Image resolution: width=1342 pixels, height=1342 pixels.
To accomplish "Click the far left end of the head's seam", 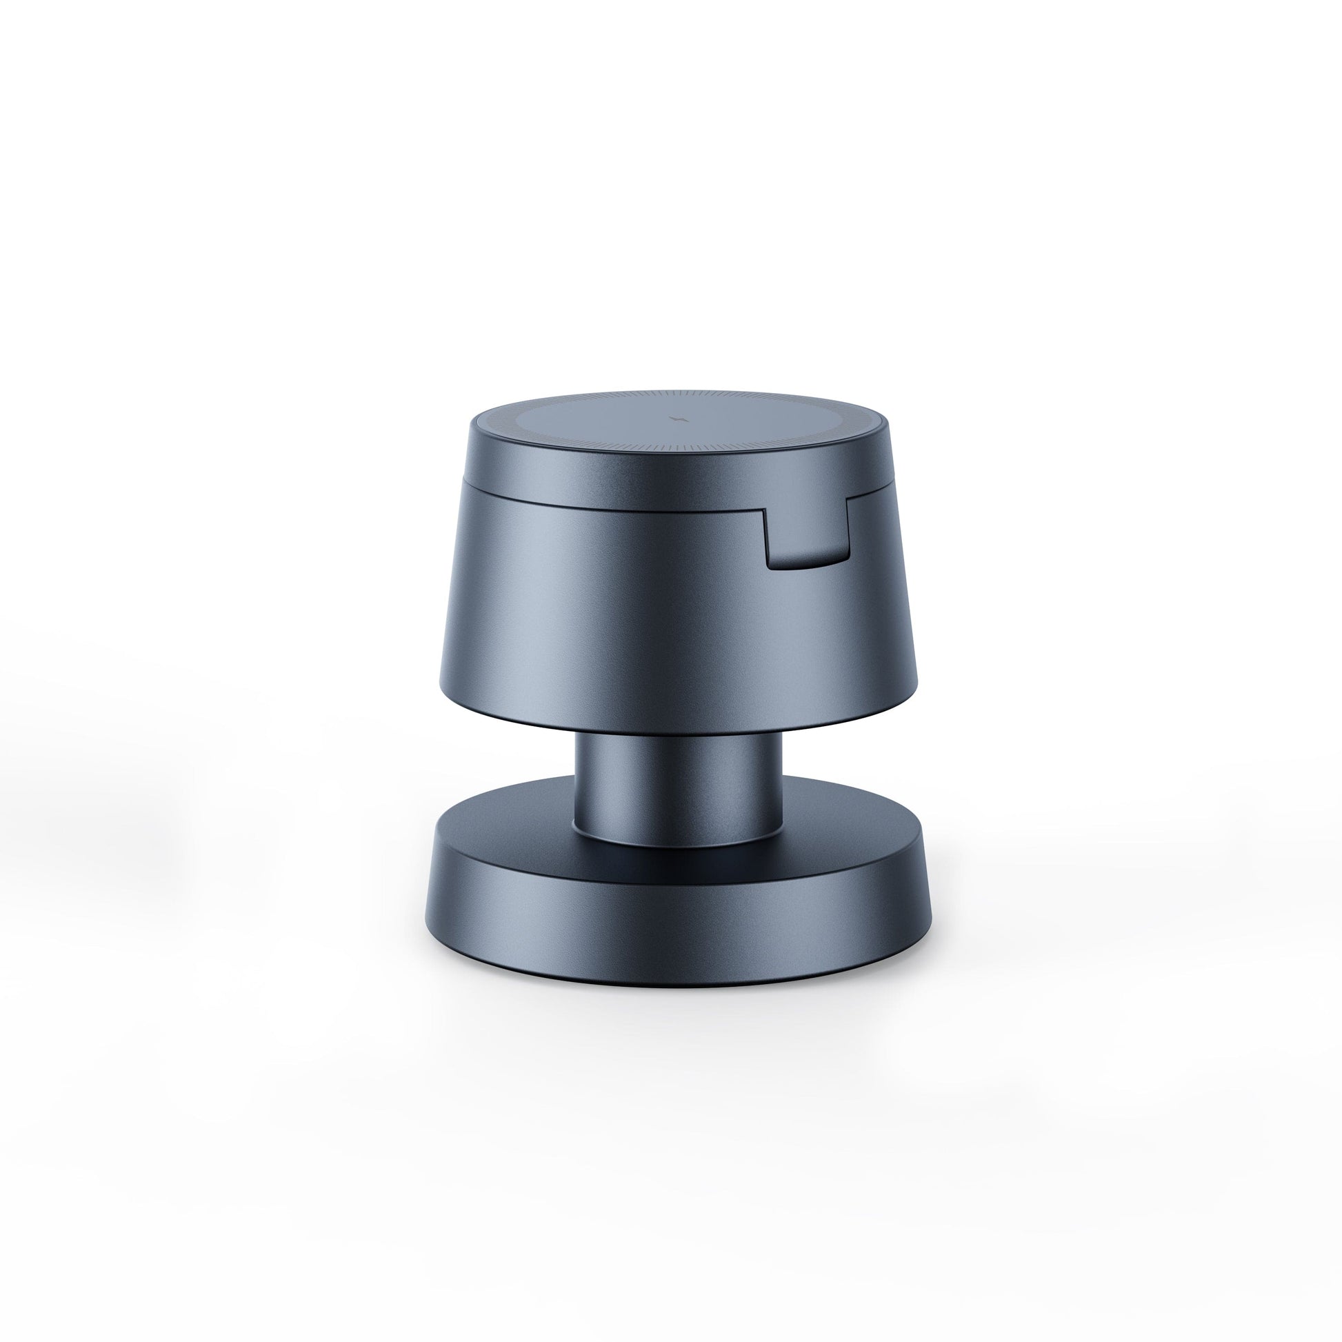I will pyautogui.click(x=463, y=480).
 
